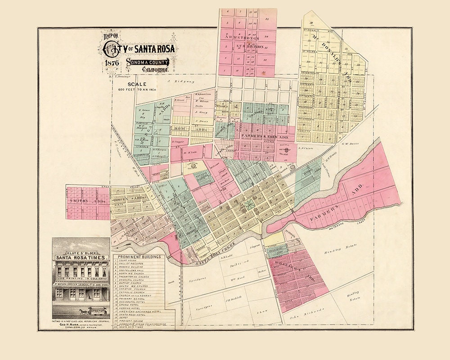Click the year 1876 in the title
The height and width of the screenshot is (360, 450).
pyautogui.click(x=111, y=63)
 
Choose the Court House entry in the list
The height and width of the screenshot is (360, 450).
pyautogui.click(x=128, y=260)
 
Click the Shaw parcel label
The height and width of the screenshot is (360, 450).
pyautogui.click(x=260, y=311)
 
